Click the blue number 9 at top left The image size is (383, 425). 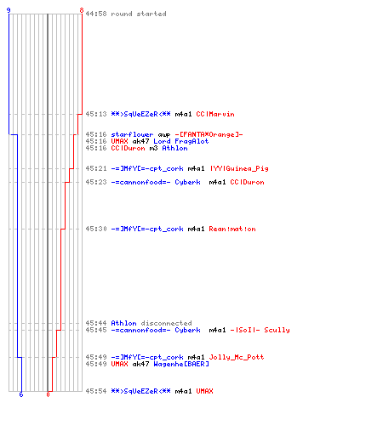click(9, 10)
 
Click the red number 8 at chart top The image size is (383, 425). click(82, 10)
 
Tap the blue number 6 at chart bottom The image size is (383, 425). click(21, 394)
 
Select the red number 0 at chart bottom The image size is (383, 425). click(48, 394)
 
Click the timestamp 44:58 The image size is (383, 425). click(96, 14)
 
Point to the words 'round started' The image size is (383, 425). click(139, 14)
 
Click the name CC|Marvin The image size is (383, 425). click(215, 114)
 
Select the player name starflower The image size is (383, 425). click(132, 134)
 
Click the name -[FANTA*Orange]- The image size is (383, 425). click(209, 134)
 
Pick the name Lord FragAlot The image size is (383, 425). click(181, 141)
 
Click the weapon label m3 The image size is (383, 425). click(153, 148)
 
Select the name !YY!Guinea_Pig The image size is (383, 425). click(239, 168)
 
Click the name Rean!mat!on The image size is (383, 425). click(232, 229)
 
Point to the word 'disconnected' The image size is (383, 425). click(166, 323)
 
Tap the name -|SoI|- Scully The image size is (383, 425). click(260, 330)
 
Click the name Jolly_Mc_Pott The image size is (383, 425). click(237, 357)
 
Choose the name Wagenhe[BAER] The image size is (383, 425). click(181, 364)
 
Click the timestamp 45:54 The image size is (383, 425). click(96, 391)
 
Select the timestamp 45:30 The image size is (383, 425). click(96, 229)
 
